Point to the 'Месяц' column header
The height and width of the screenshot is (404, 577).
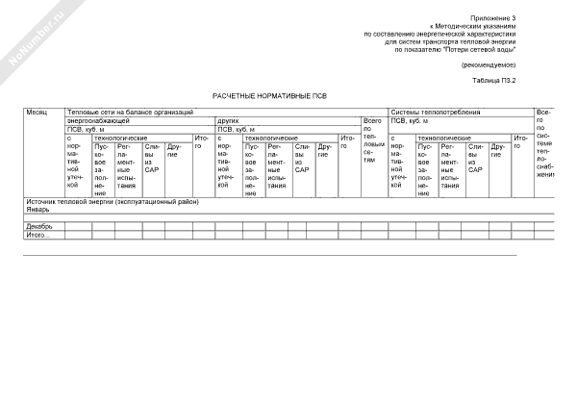pos(37,113)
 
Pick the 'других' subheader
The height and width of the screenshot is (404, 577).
pos(228,121)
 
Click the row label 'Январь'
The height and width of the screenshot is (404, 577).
pos(38,208)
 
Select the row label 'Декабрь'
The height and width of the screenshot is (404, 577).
pos(39,226)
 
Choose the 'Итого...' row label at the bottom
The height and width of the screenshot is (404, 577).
pos(38,235)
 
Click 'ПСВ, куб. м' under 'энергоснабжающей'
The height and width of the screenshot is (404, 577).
pos(86,130)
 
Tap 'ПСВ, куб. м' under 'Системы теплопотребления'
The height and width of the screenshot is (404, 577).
pos(411,121)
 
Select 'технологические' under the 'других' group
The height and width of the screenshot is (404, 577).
pos(270,139)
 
